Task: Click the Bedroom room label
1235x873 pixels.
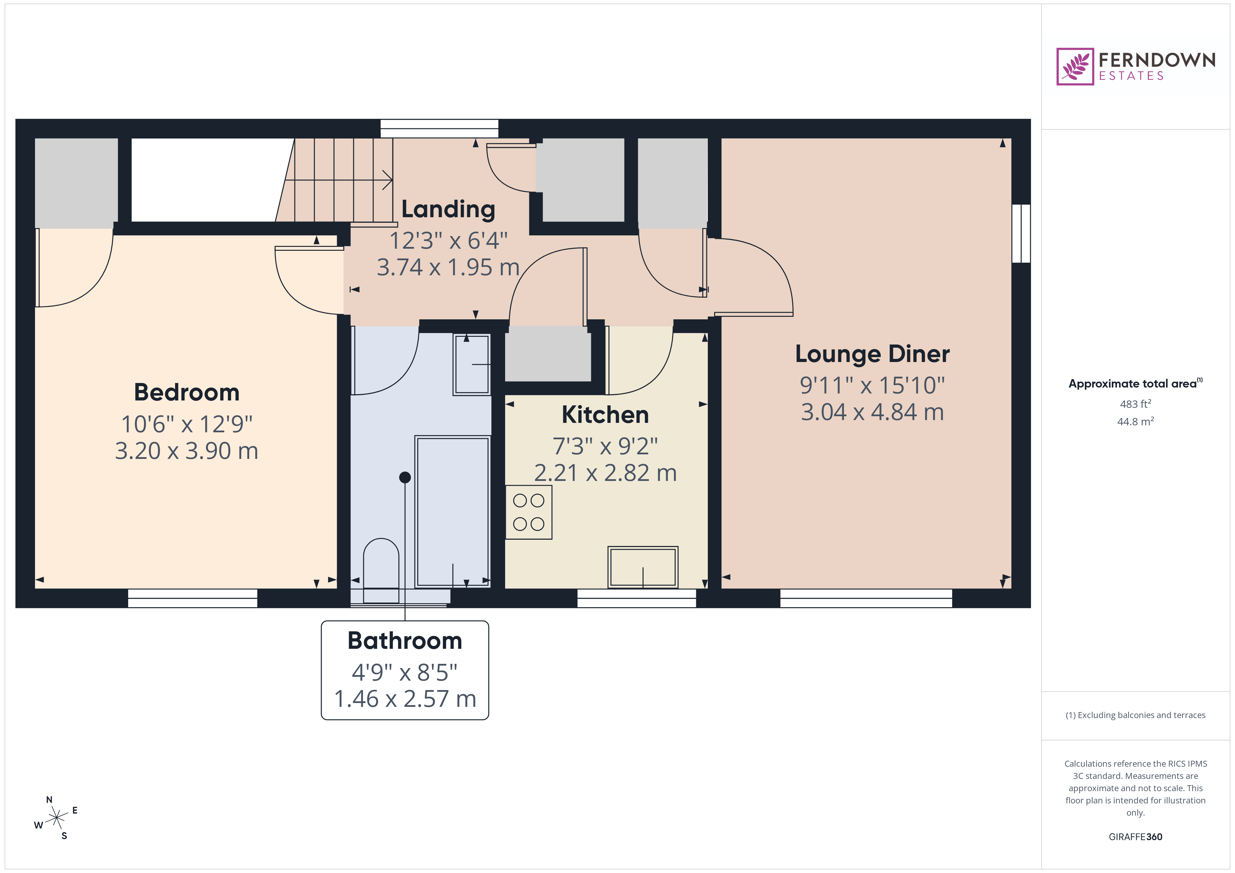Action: pos(187,392)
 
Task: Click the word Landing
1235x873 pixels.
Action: pos(448,209)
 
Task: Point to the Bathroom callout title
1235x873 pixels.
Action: pos(405,641)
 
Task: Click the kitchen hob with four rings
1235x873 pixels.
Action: pos(529,512)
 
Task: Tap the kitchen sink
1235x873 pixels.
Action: pos(643,567)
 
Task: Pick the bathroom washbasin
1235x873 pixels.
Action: pos(472,364)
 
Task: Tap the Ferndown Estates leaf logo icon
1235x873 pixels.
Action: pos(1075,67)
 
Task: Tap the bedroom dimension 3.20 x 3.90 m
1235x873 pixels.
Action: pos(187,451)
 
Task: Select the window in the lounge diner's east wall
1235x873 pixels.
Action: pos(1021,233)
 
